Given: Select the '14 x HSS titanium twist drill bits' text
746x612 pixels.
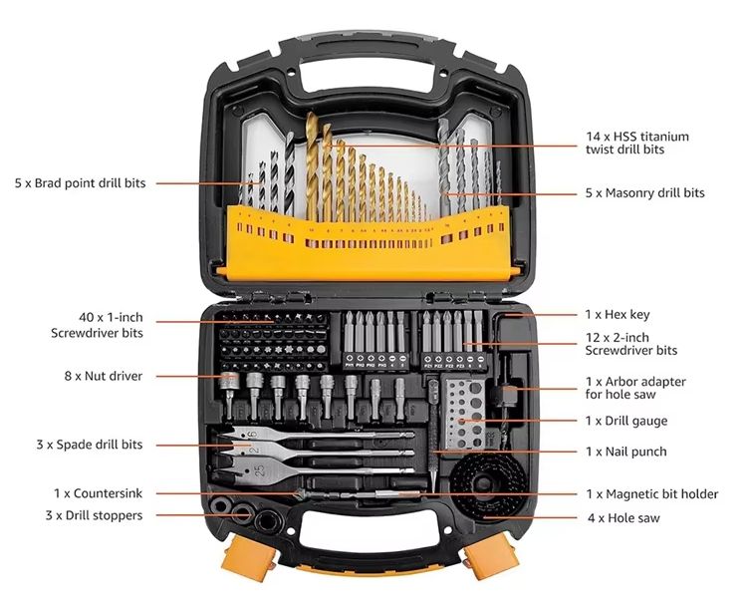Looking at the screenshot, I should coord(637,143).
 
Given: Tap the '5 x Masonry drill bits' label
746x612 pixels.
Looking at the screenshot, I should coord(644,193).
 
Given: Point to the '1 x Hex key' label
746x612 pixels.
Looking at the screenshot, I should coord(618,315).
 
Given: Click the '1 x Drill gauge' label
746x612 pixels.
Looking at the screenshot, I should coord(626,422).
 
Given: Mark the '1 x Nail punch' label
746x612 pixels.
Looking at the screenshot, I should coord(626,452).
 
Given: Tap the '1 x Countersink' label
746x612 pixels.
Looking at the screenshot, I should coord(98,493).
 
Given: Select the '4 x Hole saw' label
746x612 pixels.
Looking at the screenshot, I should coord(622,517).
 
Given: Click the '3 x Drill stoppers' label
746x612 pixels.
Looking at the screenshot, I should coord(93,515).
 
